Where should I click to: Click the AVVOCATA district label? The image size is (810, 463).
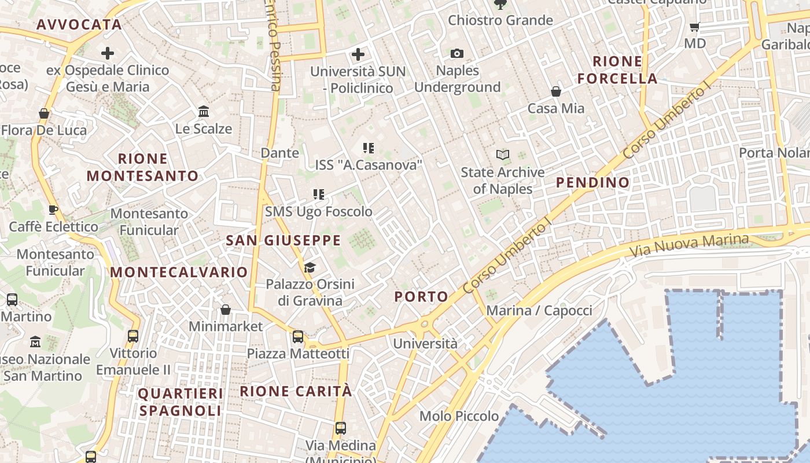click(79, 24)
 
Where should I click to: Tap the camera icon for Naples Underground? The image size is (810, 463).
click(457, 54)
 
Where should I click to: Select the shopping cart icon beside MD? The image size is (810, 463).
click(695, 27)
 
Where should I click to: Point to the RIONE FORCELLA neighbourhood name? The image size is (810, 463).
click(617, 70)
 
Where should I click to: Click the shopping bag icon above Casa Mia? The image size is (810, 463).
click(556, 91)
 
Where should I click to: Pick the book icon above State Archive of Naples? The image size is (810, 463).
click(503, 155)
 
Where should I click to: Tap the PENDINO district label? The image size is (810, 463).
click(592, 182)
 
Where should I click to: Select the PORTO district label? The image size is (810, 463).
click(421, 297)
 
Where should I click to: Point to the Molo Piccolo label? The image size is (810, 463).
click(459, 416)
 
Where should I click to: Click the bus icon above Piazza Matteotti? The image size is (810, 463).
click(298, 336)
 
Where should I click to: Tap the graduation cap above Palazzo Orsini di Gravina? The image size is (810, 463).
click(310, 267)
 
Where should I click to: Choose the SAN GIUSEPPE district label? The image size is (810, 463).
click(283, 240)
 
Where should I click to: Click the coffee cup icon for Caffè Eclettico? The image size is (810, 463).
click(53, 210)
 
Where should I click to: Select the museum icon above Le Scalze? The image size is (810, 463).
click(204, 111)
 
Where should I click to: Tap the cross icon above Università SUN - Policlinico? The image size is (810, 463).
click(358, 55)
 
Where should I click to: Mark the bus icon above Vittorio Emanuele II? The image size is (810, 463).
click(133, 336)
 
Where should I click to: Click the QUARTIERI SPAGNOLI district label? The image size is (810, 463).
click(181, 402)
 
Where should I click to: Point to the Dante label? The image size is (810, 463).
click(280, 153)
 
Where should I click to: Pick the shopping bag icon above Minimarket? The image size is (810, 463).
click(226, 310)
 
